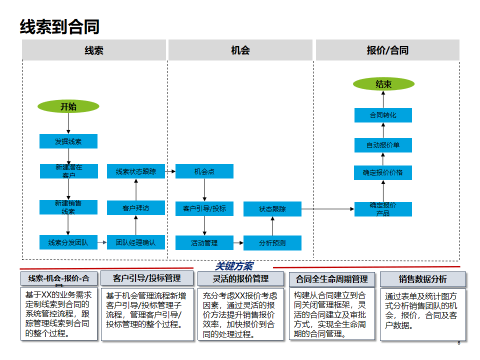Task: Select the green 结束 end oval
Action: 383,84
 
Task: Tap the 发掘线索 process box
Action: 68,141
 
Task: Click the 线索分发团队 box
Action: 68,243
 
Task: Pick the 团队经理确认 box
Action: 136,243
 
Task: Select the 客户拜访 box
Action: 136,208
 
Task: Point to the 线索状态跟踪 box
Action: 136,171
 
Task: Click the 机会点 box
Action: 204,171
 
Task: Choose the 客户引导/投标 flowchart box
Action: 204,208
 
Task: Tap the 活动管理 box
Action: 204,243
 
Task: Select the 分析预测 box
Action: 272,243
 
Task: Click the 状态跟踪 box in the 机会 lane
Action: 272,209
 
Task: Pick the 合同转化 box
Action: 383,115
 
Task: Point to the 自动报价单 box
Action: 383,145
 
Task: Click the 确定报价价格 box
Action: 383,172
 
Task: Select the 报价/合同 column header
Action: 387,50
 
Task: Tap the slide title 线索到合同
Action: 59,26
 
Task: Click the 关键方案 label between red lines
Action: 234,266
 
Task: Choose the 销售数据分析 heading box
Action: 422,279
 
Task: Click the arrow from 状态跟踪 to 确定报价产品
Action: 328,209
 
